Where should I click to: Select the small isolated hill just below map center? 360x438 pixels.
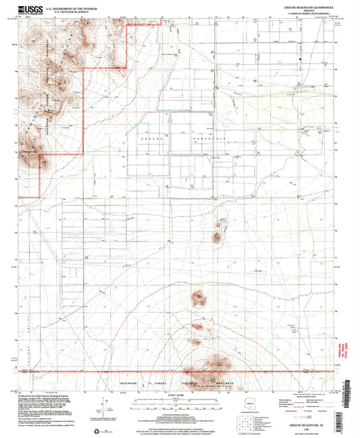point(217,237)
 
